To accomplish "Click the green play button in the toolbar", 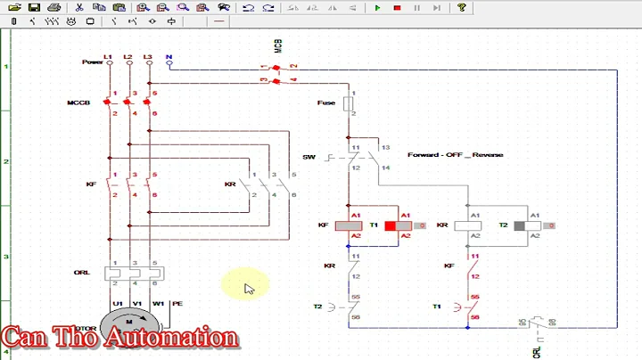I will (377, 7).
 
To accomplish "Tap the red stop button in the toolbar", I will (397, 7).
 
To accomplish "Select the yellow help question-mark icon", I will (462, 7).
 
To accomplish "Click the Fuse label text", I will (326, 102).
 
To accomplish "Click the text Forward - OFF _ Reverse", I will (455, 155).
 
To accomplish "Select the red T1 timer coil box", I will (391, 225).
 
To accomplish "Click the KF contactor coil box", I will (348, 225).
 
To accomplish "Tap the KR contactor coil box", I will (468, 225).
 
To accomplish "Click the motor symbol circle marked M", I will (128, 322).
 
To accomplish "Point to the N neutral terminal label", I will (169, 57).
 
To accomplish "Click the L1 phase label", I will (109, 57).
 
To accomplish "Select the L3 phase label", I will (148, 57).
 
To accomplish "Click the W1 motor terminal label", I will (157, 303).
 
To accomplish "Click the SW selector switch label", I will (309, 157).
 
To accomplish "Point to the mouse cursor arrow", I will (249, 288).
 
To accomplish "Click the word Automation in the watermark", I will (174, 338).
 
